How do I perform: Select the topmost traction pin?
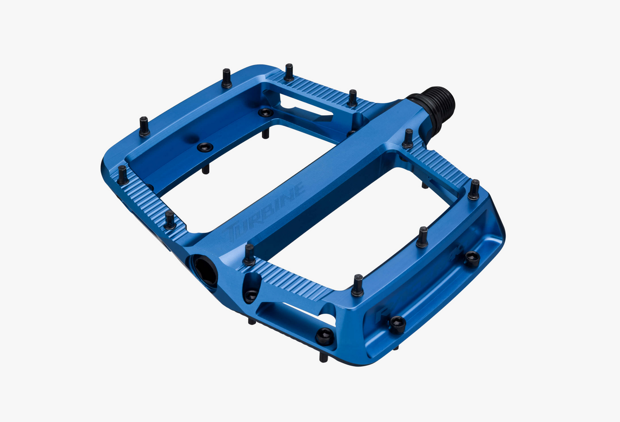289,73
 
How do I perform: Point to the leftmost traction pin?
123,175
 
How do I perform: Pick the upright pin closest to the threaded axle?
408,138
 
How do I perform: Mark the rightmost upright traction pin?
474,189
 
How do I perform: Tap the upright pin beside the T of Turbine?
249,255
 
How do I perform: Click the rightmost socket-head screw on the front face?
472,259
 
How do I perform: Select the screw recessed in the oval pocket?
251,295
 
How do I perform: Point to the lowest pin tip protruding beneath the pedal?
324,357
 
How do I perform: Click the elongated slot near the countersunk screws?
306,108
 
